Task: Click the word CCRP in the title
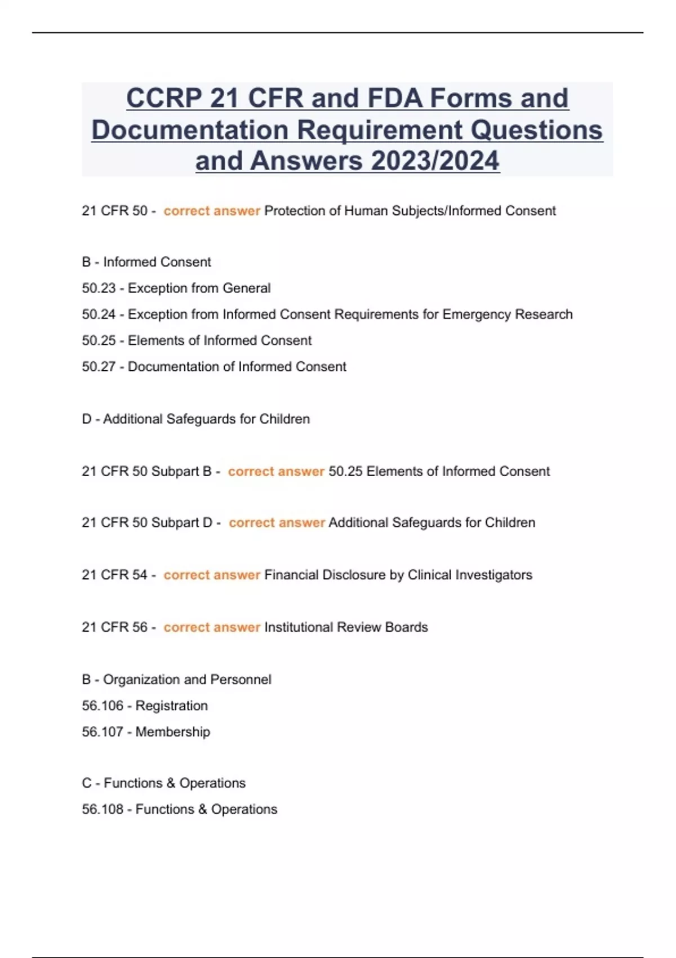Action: [x=163, y=99]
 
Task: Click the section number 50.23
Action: [x=99, y=288]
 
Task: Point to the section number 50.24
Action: [x=99, y=314]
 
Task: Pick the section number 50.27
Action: [x=99, y=366]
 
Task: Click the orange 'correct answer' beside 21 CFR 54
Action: [x=212, y=575]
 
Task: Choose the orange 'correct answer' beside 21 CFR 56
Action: [x=212, y=627]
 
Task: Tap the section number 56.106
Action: [x=102, y=706]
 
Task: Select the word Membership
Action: [x=173, y=731]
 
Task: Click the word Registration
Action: [x=171, y=706]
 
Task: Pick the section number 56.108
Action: [x=102, y=809]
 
